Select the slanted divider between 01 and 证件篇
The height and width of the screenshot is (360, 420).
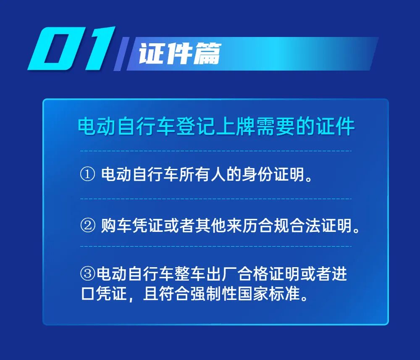click(121, 54)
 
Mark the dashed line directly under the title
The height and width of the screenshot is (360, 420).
click(215, 150)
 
